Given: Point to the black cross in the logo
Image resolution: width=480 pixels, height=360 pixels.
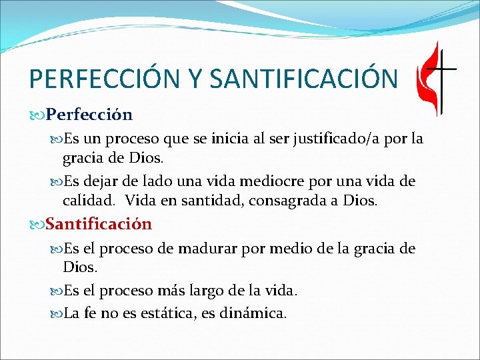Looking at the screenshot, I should pyautogui.click(x=443, y=73).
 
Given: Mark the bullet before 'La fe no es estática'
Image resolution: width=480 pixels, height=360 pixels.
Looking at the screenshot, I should pyautogui.click(x=57, y=311).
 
